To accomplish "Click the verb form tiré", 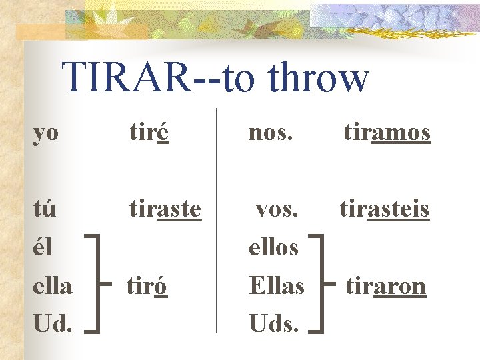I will point(148,133).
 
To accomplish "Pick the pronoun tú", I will point(45,209).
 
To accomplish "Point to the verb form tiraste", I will point(165,209).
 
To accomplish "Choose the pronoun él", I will point(43,247).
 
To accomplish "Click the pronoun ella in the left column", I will point(53,285).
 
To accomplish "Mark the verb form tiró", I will point(147,285).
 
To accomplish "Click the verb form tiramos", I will point(387,133).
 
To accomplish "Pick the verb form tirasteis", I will point(385,209).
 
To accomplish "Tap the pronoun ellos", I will point(273,247).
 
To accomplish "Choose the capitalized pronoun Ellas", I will point(277,285).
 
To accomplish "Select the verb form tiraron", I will point(385,285).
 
